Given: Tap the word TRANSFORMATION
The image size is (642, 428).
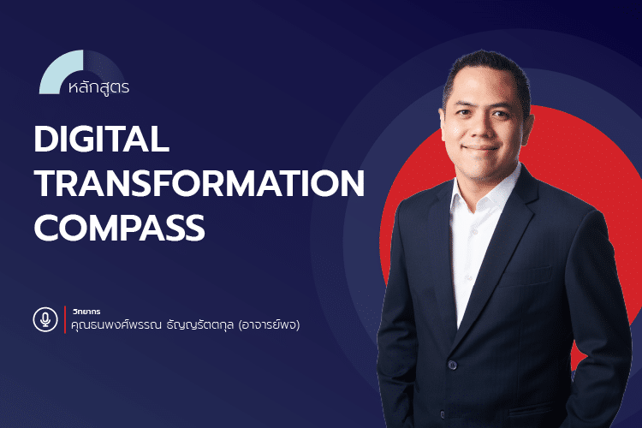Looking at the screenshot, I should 199,183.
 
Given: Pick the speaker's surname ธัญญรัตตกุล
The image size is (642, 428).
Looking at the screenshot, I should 196,327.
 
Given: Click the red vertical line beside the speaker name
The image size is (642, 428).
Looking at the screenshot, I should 65,319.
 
